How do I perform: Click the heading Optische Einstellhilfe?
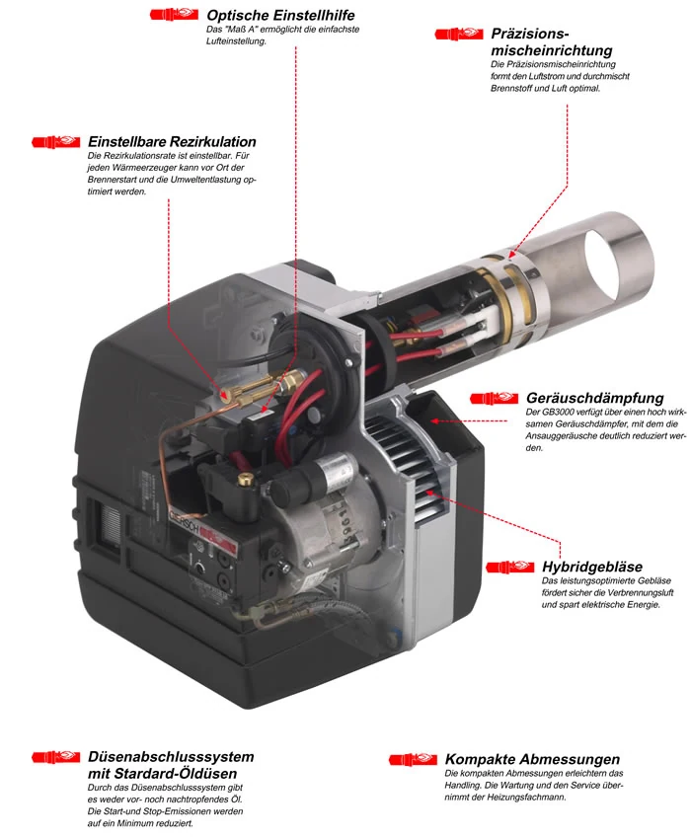[x=280, y=15]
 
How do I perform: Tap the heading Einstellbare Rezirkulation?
[x=172, y=141]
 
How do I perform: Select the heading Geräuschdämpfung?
[x=595, y=398]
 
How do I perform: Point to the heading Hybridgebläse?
[x=592, y=567]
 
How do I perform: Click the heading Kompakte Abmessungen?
[x=532, y=759]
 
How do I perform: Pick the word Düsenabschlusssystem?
[x=171, y=757]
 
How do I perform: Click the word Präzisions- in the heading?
[x=530, y=34]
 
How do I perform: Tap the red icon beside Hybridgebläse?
[x=509, y=567]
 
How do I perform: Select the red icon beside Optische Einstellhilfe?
[x=174, y=14]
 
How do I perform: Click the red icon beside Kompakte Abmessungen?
[x=413, y=759]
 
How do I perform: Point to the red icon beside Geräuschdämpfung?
[x=494, y=398]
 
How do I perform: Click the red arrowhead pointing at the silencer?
[x=435, y=421]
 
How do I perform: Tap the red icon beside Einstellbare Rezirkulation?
[x=56, y=141]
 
